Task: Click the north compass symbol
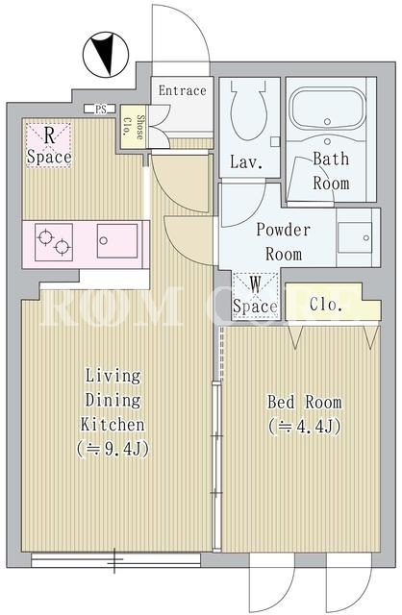(x=106, y=55)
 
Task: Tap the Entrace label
(x=182, y=90)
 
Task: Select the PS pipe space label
(x=100, y=109)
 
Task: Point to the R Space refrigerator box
(x=49, y=145)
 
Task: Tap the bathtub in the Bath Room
(x=327, y=109)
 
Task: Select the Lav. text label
(x=246, y=162)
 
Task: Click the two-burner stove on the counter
(x=54, y=242)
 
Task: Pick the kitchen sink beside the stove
(x=117, y=241)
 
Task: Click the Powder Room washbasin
(x=355, y=237)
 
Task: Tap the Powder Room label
(x=284, y=242)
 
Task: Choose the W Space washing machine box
(x=255, y=295)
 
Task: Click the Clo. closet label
(x=325, y=305)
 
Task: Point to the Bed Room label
(x=305, y=403)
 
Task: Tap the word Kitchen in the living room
(x=113, y=425)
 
